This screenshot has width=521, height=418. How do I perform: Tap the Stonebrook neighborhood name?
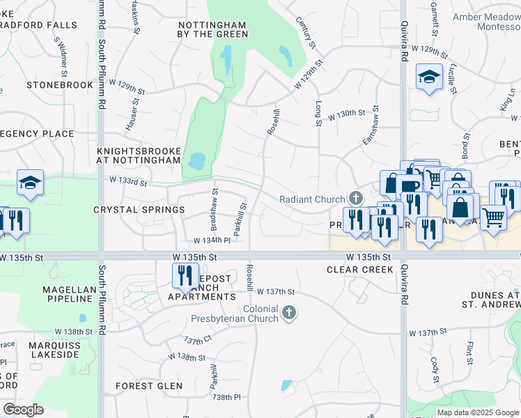coord(60,85)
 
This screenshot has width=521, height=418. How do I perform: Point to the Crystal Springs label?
coord(139,210)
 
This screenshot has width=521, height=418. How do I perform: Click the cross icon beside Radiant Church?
coord(357,199)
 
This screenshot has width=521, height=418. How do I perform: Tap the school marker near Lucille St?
coord(429,77)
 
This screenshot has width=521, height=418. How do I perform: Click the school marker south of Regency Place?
coord(30,183)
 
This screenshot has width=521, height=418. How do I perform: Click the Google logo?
coord(24,410)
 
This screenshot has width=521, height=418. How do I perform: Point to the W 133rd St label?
coord(128,183)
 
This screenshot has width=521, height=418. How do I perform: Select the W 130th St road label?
coord(347,113)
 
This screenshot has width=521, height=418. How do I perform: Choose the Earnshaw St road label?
coord(370,126)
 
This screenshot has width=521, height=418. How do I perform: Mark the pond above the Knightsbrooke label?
coord(197,162)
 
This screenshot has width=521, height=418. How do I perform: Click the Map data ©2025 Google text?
coord(477,412)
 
